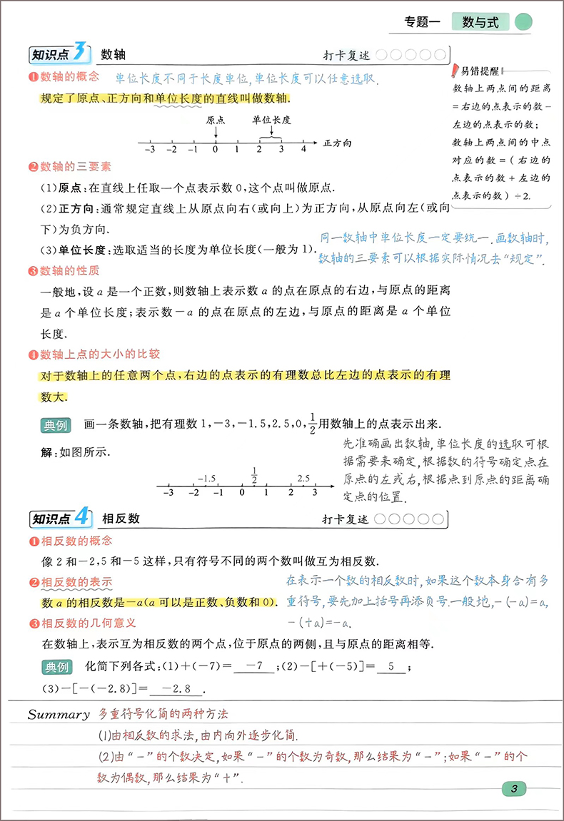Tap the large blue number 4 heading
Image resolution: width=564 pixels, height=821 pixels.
pos(82,517)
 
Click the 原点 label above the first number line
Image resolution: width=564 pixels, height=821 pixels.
pos(216,121)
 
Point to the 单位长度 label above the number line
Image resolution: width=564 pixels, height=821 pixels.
pos(271,121)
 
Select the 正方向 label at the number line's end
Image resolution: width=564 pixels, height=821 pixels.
pos(337,143)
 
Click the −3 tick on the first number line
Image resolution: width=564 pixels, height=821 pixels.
pos(150,149)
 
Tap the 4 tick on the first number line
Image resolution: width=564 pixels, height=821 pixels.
pos(303,149)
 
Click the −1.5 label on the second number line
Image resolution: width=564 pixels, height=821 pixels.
pos(207,478)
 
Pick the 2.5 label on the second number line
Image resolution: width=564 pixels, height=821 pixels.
pos(303,478)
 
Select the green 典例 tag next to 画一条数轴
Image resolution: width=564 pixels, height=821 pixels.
pos(56,426)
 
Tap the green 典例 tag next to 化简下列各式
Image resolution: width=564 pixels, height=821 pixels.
pos(56,667)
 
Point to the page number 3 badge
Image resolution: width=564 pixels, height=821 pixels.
pos(514,788)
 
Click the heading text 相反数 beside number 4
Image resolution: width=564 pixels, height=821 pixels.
pos(121,519)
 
